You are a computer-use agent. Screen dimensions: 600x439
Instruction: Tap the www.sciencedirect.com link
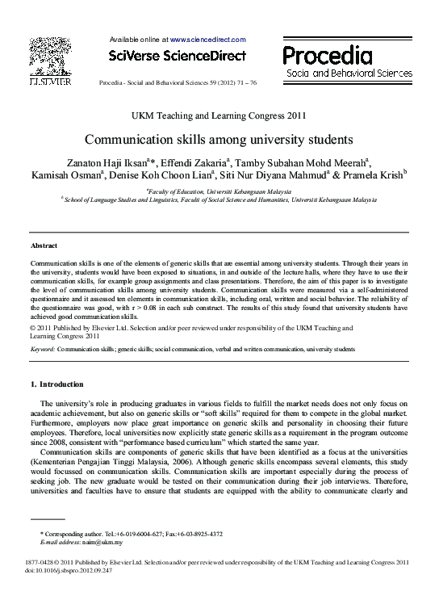point(207,39)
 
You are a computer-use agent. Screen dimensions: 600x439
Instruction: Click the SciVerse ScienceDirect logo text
point(176,55)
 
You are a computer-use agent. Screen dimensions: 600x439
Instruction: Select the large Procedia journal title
point(328,55)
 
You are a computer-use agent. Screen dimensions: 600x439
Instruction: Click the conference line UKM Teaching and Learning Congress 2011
point(219,116)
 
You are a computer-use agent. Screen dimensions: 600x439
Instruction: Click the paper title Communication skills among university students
point(219,138)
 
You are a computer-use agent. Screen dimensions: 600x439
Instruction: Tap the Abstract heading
point(44,245)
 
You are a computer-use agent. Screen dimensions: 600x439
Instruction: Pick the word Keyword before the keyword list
point(41,349)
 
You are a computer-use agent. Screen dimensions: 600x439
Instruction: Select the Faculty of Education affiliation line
point(219,191)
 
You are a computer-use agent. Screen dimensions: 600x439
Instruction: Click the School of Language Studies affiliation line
point(219,199)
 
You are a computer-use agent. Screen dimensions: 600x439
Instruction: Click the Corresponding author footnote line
point(132,534)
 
